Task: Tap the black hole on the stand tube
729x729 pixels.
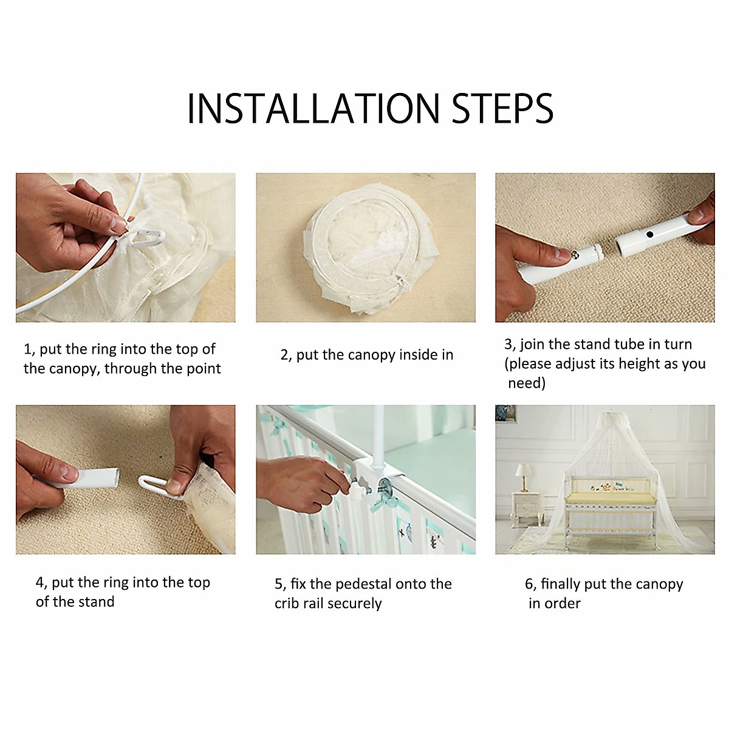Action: click(649, 234)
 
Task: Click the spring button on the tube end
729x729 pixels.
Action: click(574, 254)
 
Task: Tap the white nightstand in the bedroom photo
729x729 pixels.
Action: click(527, 510)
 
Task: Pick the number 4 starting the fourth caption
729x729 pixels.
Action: click(39, 582)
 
